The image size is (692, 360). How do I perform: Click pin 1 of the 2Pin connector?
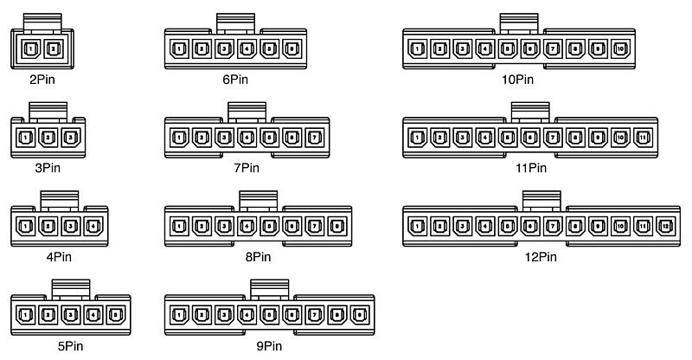[x=30, y=48]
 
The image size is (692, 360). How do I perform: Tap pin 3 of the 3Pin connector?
[x=71, y=137]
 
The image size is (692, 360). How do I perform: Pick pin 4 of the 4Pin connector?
[x=93, y=227]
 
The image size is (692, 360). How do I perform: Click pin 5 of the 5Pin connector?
[x=116, y=315]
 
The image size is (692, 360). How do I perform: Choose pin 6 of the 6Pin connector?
[x=292, y=48]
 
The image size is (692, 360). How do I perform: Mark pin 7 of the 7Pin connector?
[x=314, y=137]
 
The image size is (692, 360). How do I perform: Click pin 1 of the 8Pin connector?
[x=179, y=227]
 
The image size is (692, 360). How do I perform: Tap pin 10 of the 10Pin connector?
[x=620, y=48]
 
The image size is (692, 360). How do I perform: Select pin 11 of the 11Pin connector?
[x=643, y=137]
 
